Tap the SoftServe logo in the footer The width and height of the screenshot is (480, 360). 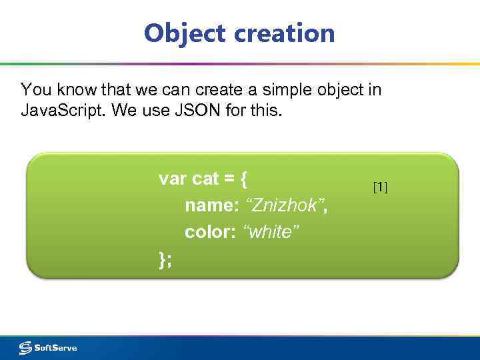[48, 347]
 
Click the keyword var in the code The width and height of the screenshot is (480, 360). [173, 179]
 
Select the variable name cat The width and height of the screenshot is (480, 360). [205, 179]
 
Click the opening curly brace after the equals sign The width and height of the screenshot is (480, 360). [244, 179]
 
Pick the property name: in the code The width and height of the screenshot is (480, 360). [211, 206]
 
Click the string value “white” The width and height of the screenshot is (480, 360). [271, 233]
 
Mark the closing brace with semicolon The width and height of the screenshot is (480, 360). [165, 259]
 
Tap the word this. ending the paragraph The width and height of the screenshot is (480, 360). [267, 110]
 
